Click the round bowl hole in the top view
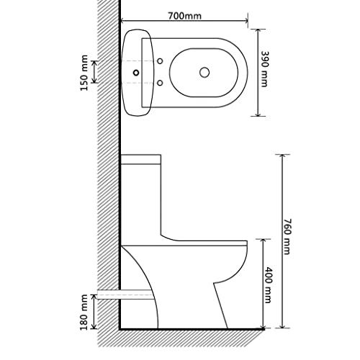[x=204, y=72]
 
